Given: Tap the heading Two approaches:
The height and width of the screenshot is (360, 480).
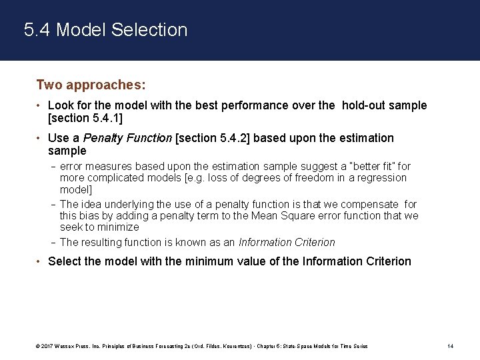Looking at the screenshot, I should (x=91, y=85).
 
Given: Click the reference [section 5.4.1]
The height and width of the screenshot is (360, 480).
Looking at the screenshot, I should (x=86, y=118).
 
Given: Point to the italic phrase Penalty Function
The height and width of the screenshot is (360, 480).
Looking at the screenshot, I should (x=137, y=138).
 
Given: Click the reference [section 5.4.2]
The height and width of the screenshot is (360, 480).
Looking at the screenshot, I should (x=213, y=138).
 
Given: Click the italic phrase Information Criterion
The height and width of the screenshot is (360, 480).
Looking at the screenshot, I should (x=287, y=243).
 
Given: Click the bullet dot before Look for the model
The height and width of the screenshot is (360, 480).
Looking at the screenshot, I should (x=39, y=105).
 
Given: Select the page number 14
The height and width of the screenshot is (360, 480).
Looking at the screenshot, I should (x=450, y=346).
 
